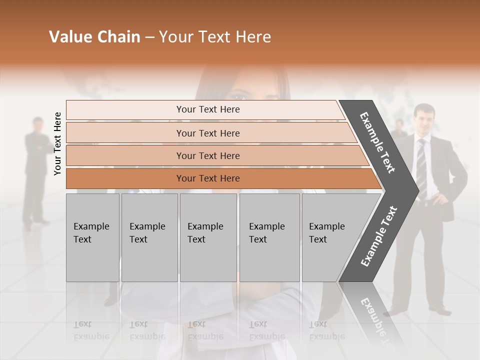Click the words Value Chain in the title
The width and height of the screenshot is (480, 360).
tap(94, 37)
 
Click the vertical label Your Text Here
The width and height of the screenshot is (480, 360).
tap(57, 143)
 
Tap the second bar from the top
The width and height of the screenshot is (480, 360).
tap(208, 133)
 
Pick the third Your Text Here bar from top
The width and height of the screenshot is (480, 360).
tap(208, 155)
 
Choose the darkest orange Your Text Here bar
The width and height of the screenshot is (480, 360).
tap(208, 178)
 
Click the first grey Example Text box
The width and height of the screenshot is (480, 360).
tap(92, 237)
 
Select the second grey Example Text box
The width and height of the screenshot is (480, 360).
tap(149, 237)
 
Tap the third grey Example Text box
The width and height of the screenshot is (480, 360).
tap(208, 237)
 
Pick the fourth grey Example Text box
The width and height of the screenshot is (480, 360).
tap(269, 237)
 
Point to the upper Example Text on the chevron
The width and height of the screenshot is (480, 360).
tap(377, 142)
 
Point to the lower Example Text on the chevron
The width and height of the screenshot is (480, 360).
tap(378, 236)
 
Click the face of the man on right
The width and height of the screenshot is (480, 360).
tap(424, 118)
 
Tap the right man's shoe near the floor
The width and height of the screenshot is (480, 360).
tap(440, 310)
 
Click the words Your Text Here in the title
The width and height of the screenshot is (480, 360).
tap(215, 37)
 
